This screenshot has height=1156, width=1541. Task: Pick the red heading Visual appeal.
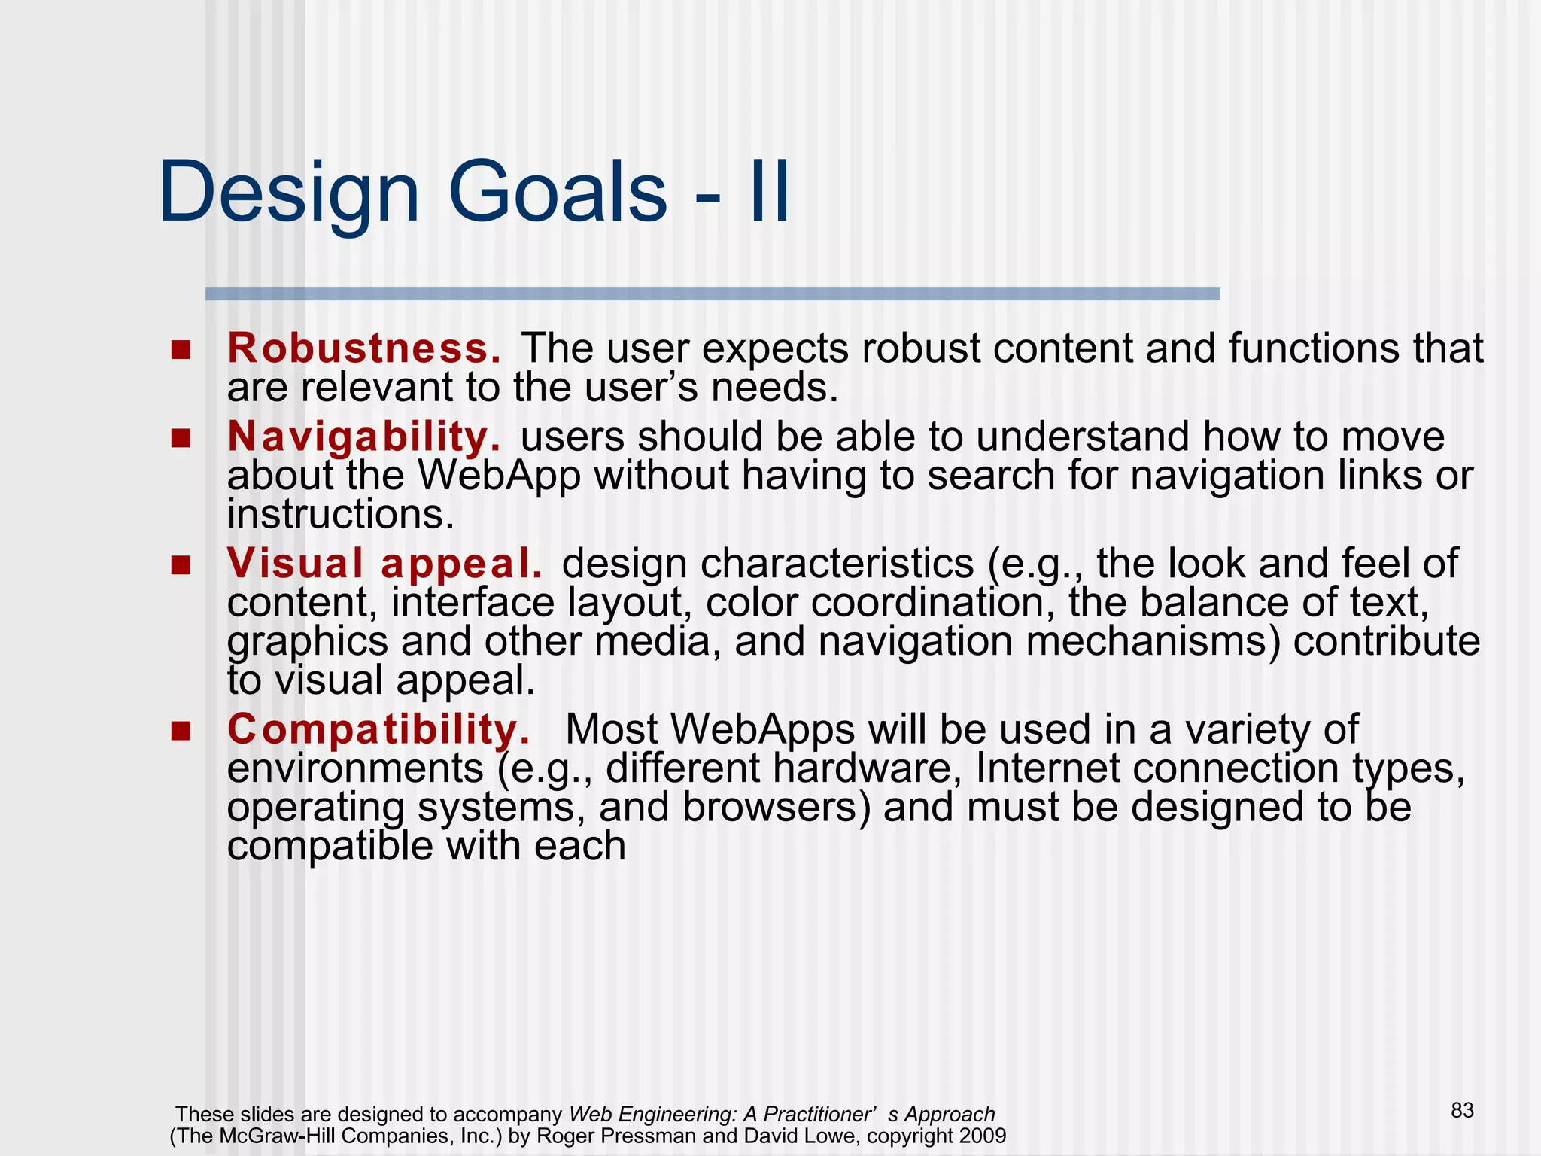(384, 564)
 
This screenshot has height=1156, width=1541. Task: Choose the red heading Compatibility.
(378, 729)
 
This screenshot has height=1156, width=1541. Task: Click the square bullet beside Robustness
(181, 350)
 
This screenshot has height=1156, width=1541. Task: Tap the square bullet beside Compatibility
(181, 731)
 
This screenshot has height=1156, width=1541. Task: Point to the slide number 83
(1462, 1111)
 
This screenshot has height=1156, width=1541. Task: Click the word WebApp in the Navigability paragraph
(498, 476)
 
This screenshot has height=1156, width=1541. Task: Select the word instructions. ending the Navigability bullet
(341, 515)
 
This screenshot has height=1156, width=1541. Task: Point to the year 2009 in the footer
(983, 1136)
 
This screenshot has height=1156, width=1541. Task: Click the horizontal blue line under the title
(712, 294)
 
